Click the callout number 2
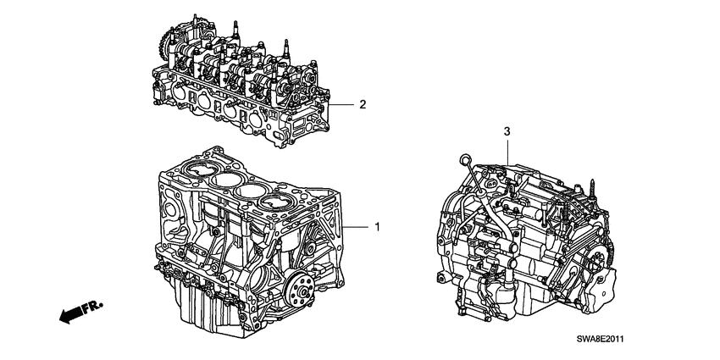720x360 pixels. pyautogui.click(x=362, y=105)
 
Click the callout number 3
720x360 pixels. pyautogui.click(x=507, y=131)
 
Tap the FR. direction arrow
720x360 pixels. pyautogui.click(x=72, y=314)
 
